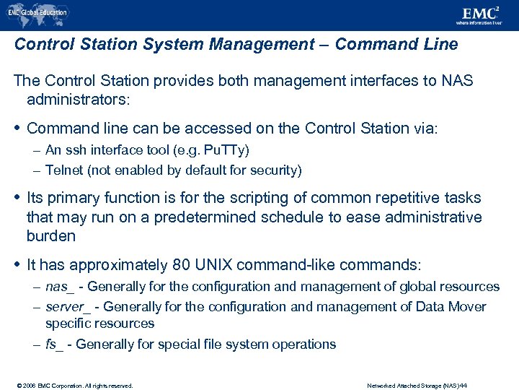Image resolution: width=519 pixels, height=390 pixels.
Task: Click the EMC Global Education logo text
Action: click(x=40, y=12)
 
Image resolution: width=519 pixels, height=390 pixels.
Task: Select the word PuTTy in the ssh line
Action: click(x=226, y=150)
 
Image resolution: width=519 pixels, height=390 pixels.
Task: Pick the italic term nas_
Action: click(x=60, y=287)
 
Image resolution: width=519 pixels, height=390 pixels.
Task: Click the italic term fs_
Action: click(x=55, y=344)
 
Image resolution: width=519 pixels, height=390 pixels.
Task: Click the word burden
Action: click(x=50, y=236)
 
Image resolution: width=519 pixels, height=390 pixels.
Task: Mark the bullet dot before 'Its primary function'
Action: click(x=17, y=198)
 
